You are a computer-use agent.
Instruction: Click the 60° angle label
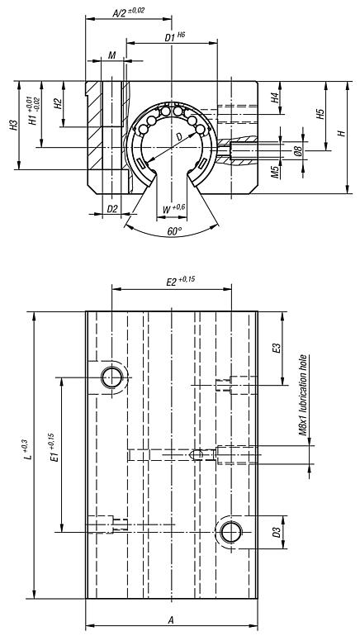point(174,232)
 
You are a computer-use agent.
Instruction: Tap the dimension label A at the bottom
point(171,619)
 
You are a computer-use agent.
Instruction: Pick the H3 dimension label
point(14,126)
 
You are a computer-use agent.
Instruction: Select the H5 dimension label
point(320,113)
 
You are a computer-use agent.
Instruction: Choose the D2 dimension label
point(113,210)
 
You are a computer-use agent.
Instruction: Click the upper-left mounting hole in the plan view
point(111,377)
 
